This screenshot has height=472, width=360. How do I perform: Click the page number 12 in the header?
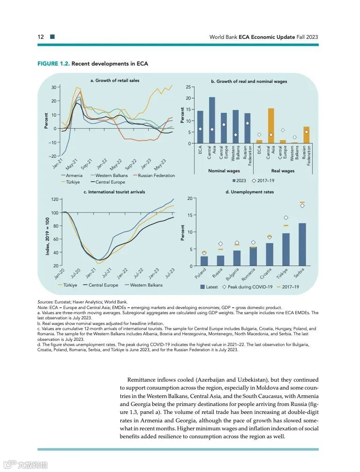(x=41, y=37)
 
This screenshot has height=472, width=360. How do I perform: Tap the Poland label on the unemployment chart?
(x=201, y=273)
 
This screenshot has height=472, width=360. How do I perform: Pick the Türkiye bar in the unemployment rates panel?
(x=285, y=250)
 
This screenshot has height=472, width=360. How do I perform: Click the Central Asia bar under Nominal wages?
(x=212, y=120)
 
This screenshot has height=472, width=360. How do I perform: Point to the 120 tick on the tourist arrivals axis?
(x=54, y=199)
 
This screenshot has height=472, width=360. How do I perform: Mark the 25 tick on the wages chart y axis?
(x=188, y=87)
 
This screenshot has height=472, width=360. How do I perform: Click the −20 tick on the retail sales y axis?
(x=53, y=156)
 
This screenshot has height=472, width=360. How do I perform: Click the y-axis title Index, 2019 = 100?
(x=47, y=233)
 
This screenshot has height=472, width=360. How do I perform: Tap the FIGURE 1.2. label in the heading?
(x=53, y=64)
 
